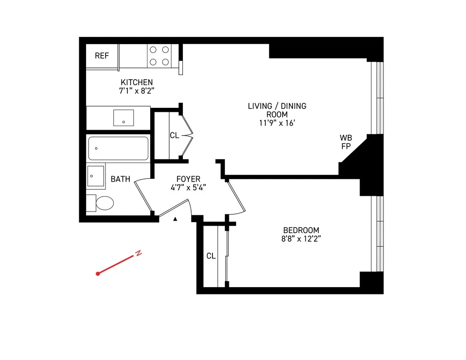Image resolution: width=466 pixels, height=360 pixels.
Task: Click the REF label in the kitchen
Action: point(102,56)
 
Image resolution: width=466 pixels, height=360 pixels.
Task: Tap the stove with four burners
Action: point(159,56)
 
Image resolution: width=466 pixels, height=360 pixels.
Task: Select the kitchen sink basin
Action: point(123,117)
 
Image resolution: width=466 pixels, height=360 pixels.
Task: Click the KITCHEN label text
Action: point(137,82)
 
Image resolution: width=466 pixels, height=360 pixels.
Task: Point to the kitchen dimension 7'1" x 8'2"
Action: point(137,91)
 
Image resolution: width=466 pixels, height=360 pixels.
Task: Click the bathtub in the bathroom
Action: point(118,148)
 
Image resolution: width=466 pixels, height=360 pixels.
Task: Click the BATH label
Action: point(120,179)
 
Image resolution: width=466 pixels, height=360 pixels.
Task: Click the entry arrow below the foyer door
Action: point(175,219)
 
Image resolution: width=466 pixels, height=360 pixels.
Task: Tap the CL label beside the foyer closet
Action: point(174,136)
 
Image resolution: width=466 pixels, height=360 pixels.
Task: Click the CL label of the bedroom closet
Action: point(211,256)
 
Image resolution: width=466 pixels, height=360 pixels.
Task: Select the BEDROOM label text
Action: point(301,230)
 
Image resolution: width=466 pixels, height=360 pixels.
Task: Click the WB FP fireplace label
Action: point(346,142)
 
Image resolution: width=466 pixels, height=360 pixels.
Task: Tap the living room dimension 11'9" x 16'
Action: point(277,122)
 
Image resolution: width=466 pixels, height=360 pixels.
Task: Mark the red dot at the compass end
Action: point(98,274)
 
